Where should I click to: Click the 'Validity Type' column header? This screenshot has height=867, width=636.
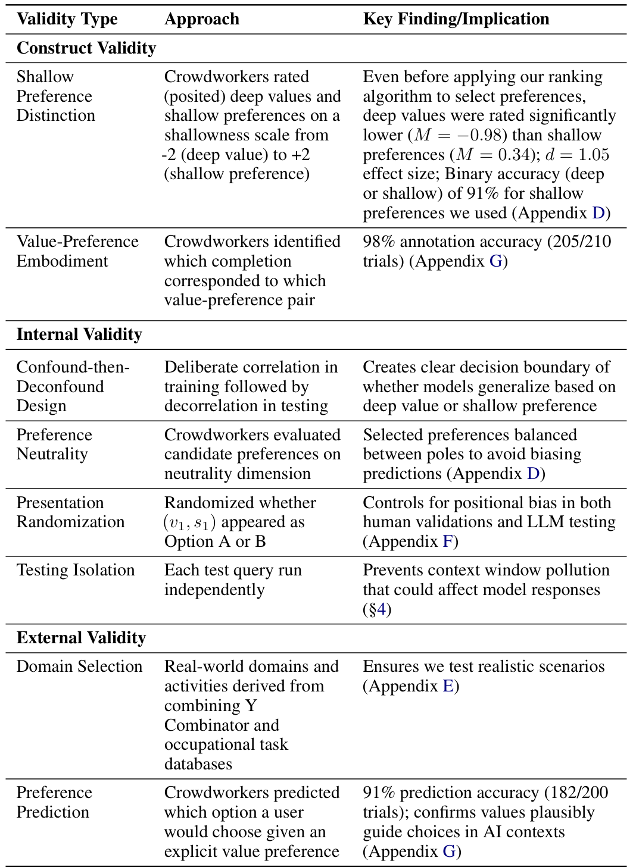click(x=67, y=19)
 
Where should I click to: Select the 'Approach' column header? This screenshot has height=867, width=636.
click(x=201, y=19)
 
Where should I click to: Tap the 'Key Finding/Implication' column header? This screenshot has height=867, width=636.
click(x=456, y=19)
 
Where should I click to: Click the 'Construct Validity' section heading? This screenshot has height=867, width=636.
click(x=86, y=48)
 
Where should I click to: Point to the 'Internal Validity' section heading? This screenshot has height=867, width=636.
click(x=79, y=334)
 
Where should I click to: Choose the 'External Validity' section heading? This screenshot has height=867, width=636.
click(x=80, y=638)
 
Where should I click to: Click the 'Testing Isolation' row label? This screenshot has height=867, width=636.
click(x=75, y=570)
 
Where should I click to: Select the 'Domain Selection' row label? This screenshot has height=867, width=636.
click(x=79, y=666)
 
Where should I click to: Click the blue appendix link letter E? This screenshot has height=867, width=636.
click(x=448, y=686)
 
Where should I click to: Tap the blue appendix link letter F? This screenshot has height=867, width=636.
click(x=448, y=542)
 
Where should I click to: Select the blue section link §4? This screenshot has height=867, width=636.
click(x=377, y=609)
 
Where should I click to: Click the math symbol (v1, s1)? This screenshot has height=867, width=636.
click(x=189, y=522)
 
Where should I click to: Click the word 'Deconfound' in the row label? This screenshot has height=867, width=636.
click(x=60, y=387)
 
